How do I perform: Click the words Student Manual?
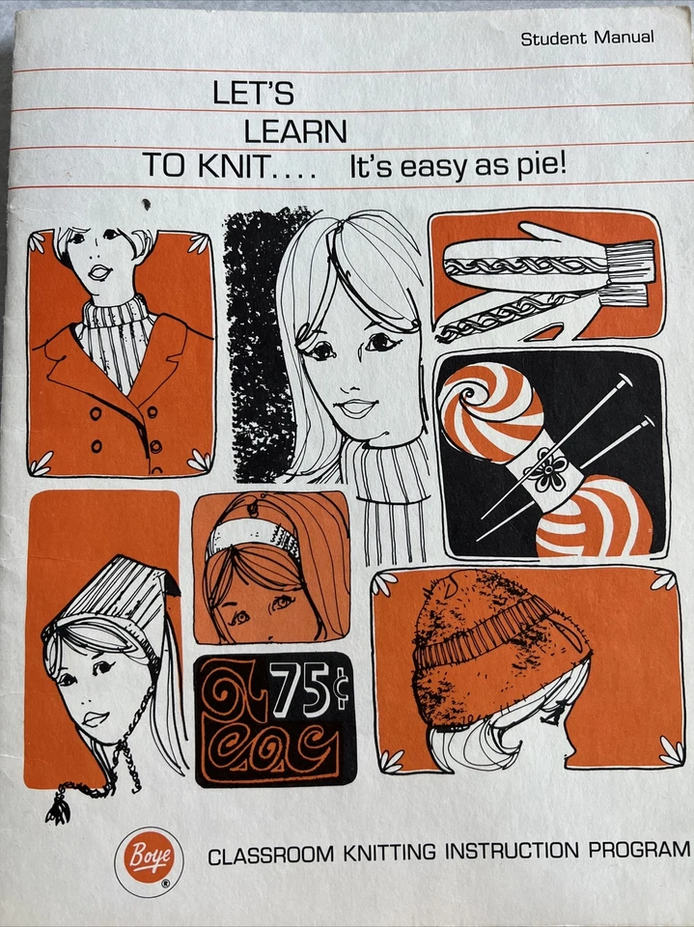tap(587, 39)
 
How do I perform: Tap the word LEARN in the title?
tap(295, 129)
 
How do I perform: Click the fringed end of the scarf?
tap(632, 267)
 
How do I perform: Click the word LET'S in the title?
tap(253, 94)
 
